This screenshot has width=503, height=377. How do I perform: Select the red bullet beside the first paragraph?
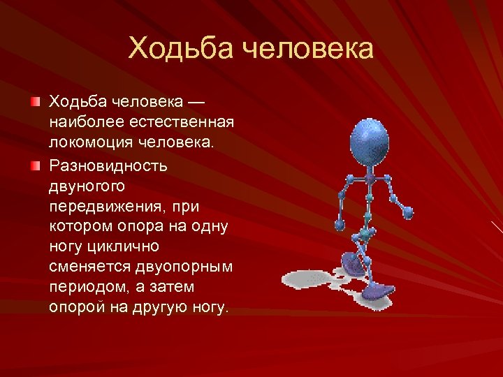pos(35,102)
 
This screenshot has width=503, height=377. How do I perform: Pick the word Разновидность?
pos(107,166)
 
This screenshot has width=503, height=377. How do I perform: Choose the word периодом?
pos(80,288)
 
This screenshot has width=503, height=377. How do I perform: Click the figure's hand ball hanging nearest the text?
pos(340,225)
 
